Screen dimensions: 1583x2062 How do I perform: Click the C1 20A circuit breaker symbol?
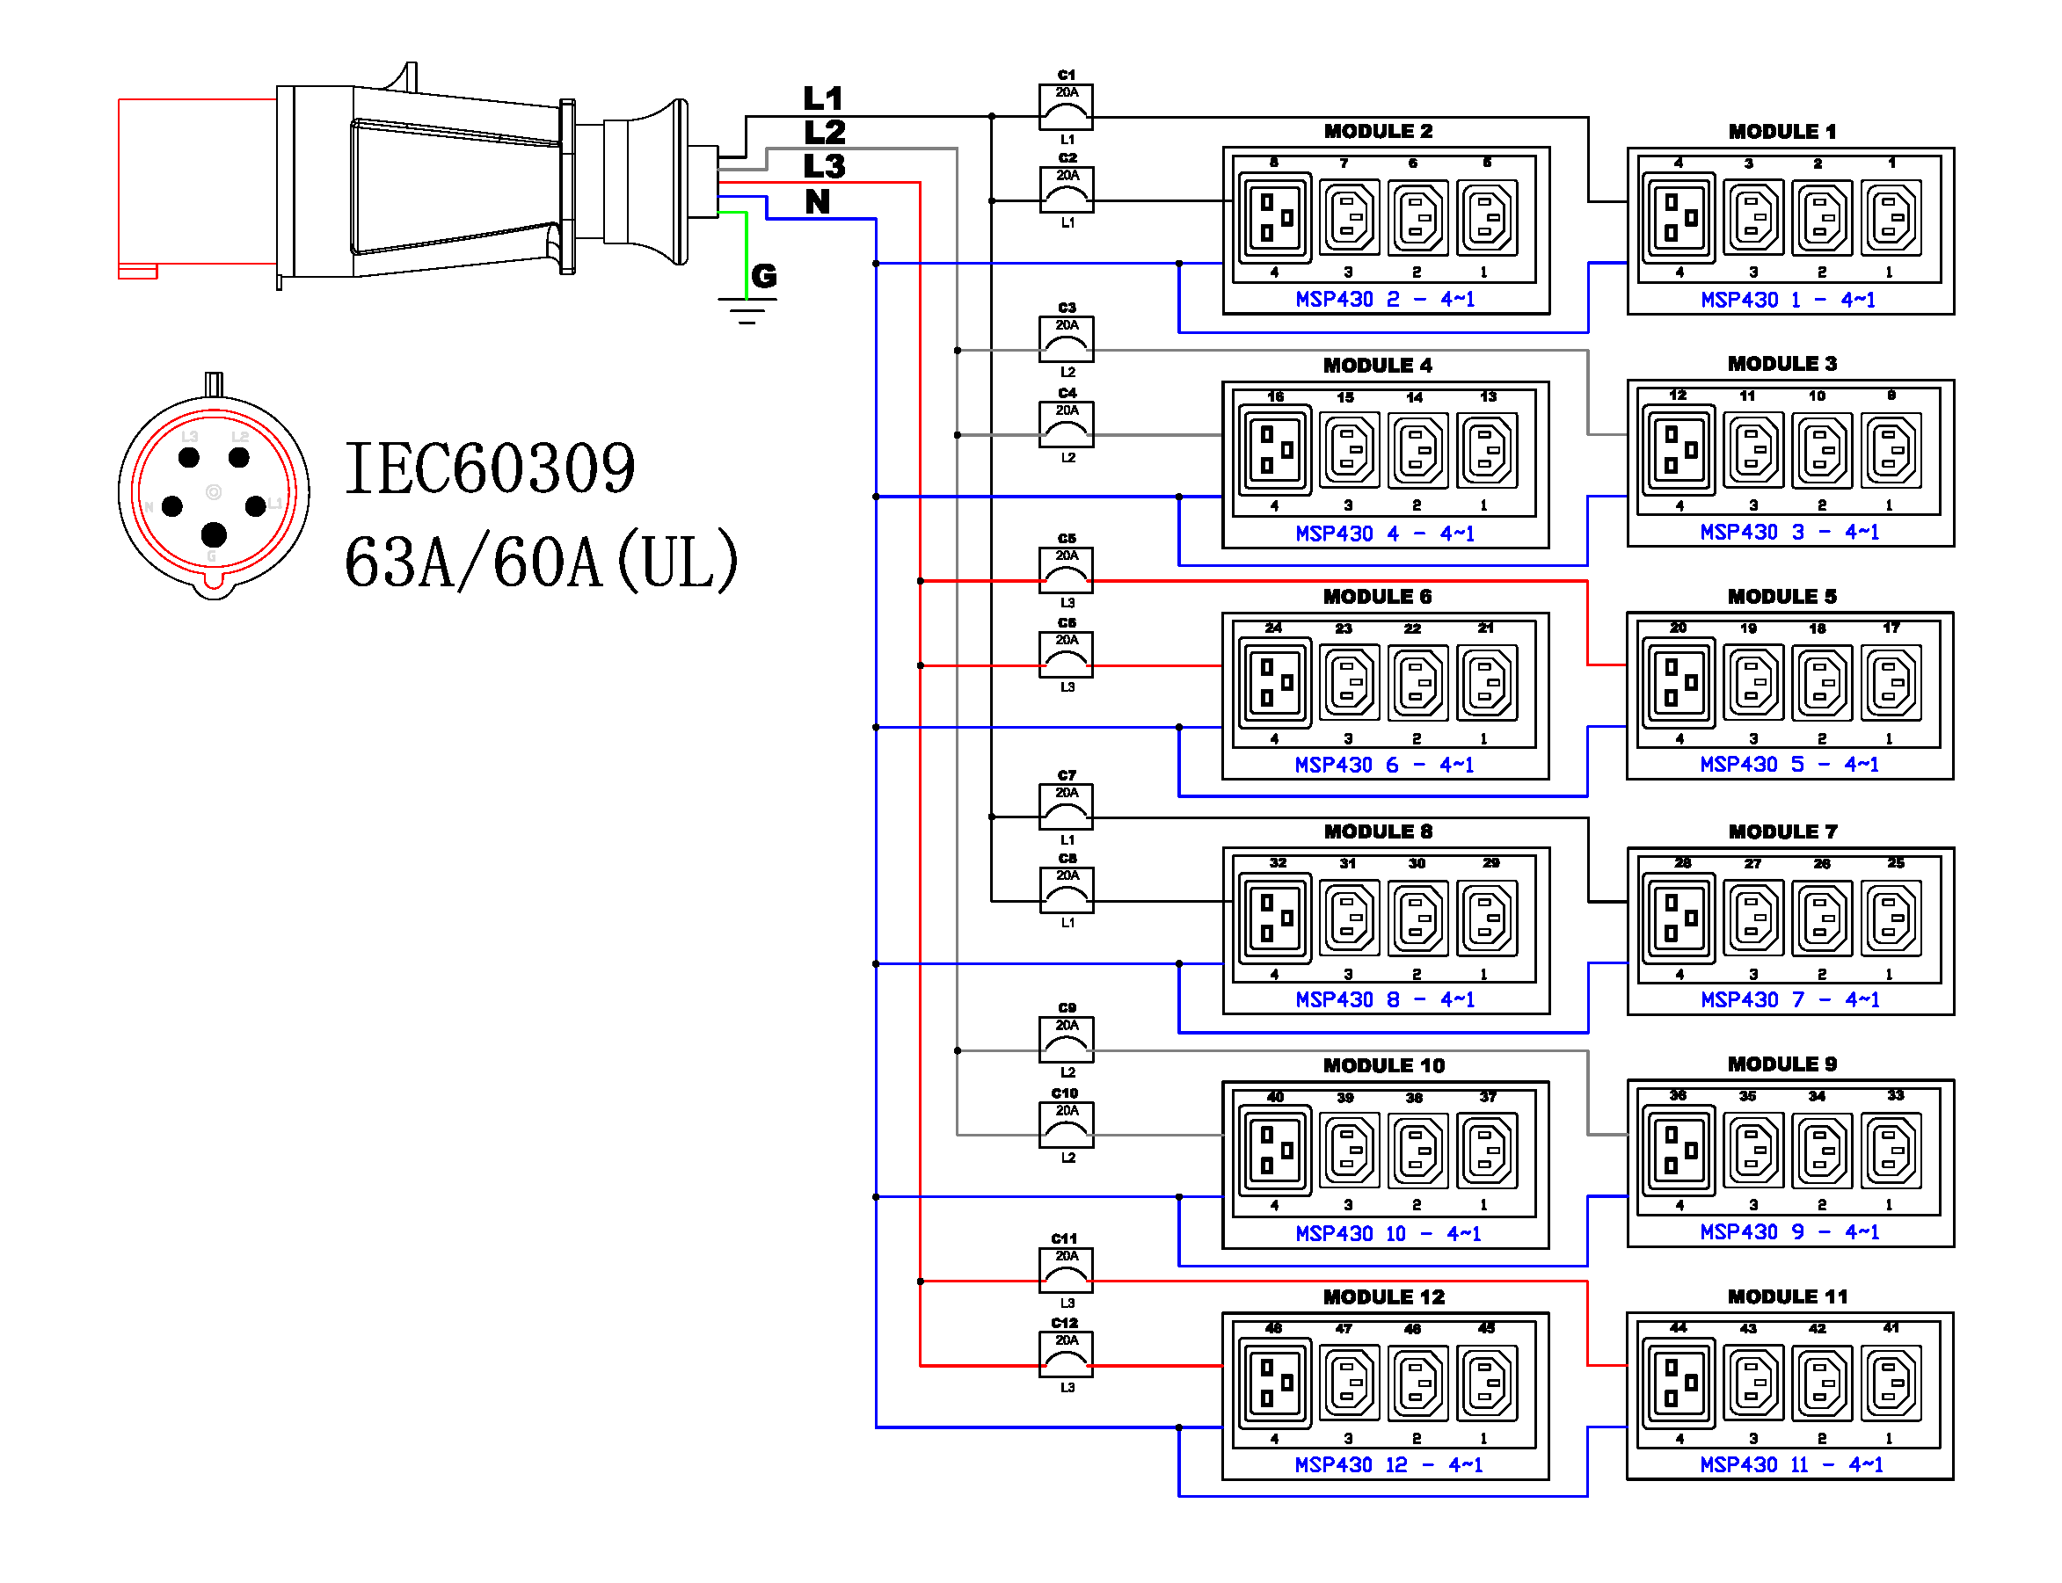(1066, 106)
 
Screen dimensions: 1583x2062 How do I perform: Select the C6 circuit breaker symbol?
(1066, 655)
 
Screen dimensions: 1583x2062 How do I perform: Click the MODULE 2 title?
(1378, 131)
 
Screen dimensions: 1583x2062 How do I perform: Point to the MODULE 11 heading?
(1787, 1296)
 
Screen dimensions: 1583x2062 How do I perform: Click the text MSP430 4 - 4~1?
(1384, 534)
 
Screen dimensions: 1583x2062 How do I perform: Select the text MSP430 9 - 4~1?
(1789, 1232)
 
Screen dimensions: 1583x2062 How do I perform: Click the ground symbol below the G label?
(747, 310)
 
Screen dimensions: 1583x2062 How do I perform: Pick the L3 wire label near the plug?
(825, 166)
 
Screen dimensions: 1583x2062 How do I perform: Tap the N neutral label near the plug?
(817, 200)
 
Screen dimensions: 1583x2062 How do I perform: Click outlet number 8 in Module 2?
(1274, 218)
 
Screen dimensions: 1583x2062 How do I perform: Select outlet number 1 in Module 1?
(1891, 218)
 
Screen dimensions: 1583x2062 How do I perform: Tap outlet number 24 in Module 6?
(1274, 682)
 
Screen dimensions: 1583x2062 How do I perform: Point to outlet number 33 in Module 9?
(1891, 1150)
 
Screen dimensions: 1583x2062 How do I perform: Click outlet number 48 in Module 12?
(1274, 1383)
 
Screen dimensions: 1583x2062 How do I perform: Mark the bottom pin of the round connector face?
(214, 534)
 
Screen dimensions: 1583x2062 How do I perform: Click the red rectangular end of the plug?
(196, 183)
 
